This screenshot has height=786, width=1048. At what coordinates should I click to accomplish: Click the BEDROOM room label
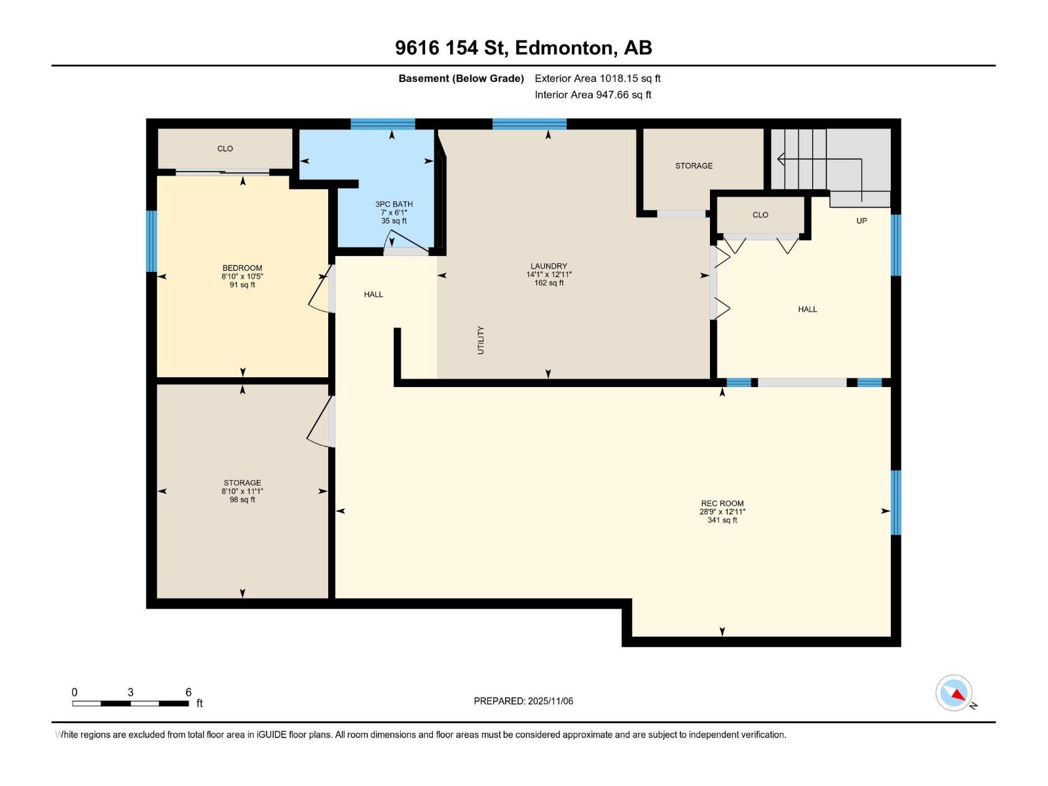pos(242,268)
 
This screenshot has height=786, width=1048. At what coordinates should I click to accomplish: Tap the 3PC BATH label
pos(394,204)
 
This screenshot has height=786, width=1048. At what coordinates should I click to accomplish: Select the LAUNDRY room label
pos(548,267)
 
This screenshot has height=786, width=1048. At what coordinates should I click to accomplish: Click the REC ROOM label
pos(722,504)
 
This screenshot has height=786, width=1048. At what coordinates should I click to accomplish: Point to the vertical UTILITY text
pos(481,340)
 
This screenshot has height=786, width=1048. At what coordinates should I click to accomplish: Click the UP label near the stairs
pos(861,221)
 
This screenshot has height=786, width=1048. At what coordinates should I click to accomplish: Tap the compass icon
pos(954,693)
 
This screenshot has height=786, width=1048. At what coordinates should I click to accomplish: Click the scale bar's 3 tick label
pos(130,692)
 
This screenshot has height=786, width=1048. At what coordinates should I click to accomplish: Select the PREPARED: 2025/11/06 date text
pos(523,701)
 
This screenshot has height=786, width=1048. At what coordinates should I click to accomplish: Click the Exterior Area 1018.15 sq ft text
pos(597,79)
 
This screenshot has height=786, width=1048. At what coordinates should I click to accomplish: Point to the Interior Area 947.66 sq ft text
pos(593,95)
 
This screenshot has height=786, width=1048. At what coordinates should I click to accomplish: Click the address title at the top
pos(523,48)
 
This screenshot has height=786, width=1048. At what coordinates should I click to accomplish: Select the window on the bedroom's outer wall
pos(152,241)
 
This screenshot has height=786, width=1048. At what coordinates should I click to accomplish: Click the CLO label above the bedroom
pos(225,149)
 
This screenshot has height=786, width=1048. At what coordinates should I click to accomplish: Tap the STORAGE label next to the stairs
pos(694,166)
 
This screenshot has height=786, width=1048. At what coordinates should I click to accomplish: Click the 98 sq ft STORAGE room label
pos(242,491)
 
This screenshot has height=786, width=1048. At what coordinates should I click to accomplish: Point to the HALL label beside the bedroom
pos(373,295)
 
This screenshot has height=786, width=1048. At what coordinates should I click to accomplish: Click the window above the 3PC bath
pos(383,124)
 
